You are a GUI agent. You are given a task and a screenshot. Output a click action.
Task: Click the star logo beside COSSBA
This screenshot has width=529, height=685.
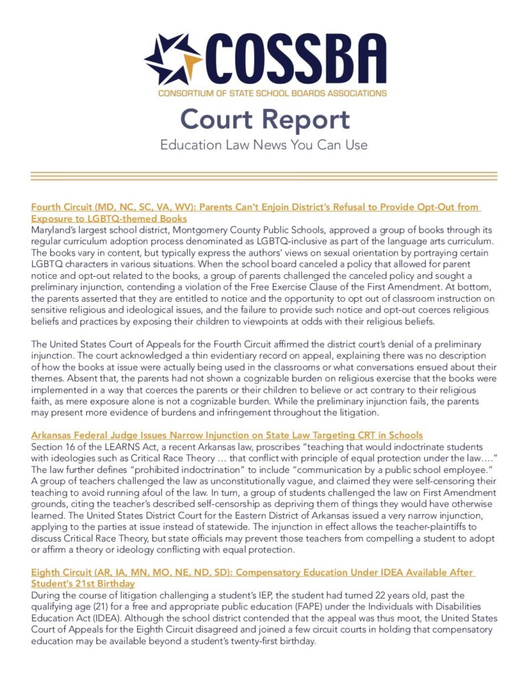[173, 61]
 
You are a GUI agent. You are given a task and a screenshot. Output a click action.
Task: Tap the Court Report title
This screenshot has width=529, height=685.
[265, 120]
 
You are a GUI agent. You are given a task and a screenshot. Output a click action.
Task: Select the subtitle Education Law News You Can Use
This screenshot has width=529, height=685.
[264, 144]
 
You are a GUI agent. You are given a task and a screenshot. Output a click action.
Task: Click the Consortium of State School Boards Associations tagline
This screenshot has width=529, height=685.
[272, 93]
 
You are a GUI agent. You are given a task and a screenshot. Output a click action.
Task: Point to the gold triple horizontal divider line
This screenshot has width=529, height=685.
[264, 177]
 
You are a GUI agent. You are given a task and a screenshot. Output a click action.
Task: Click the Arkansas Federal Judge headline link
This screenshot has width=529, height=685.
[227, 435]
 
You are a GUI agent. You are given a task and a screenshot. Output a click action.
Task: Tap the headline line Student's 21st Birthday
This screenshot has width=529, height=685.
[83, 584]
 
